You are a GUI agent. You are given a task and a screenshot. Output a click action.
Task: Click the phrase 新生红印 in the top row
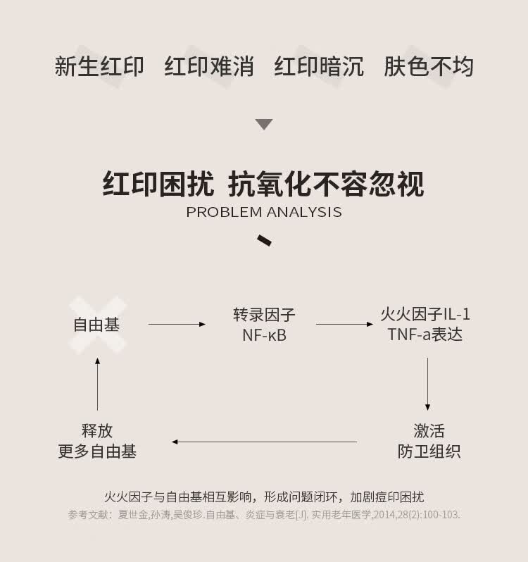click(99, 66)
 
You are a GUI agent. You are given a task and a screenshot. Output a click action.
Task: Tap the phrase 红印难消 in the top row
click(209, 66)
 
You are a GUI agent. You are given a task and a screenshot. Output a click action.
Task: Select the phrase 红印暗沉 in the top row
click(319, 66)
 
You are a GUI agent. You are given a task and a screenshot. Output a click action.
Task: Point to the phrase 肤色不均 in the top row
click(429, 66)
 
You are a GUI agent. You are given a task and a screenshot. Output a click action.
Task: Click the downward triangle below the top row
click(264, 125)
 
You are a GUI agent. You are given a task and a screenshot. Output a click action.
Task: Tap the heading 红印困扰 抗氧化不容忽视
click(264, 184)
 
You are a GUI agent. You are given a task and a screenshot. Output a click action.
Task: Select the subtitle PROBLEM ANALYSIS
click(264, 212)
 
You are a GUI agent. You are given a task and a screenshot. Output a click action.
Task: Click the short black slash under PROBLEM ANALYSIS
click(265, 239)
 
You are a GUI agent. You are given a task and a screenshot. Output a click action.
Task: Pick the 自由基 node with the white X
click(97, 325)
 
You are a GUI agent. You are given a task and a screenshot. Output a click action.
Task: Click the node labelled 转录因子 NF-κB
click(264, 325)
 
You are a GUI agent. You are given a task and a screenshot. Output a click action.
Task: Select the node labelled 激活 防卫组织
click(429, 441)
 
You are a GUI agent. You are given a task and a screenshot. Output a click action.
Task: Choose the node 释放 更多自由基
click(97, 441)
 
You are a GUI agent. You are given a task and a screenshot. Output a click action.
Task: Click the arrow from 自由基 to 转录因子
click(177, 325)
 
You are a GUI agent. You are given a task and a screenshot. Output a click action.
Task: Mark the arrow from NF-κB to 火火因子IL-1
click(344, 325)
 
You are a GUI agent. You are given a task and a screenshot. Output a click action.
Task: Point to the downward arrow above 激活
click(427, 384)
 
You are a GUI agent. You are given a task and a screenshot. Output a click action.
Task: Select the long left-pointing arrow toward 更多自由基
click(264, 442)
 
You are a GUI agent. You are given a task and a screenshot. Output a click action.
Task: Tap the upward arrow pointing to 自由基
click(97, 384)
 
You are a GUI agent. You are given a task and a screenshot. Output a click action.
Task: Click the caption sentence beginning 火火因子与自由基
click(264, 497)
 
